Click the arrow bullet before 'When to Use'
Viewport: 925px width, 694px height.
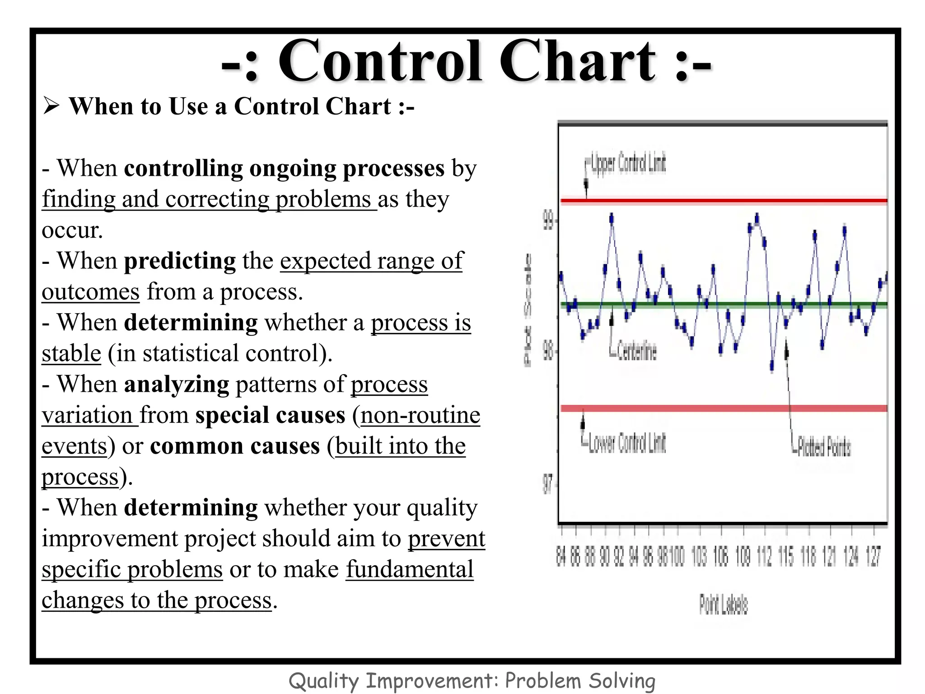coord(51,107)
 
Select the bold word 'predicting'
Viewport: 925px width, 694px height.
coord(179,261)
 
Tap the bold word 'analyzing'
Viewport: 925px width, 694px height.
coord(176,385)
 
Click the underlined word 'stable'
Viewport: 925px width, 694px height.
coord(71,354)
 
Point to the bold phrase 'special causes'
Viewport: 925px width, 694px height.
coord(270,415)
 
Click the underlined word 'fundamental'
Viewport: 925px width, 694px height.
coord(409,569)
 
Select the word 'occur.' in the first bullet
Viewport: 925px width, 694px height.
coord(72,230)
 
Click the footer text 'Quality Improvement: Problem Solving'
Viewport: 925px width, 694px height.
coord(472,680)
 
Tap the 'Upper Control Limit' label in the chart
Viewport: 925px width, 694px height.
coord(628,164)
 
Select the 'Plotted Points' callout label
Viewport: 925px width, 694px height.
coord(824,447)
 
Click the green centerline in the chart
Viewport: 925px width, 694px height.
coord(723,305)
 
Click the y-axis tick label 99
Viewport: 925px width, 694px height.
coord(547,221)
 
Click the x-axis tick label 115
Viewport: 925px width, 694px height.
coord(786,556)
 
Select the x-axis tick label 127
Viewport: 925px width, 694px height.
coord(873,556)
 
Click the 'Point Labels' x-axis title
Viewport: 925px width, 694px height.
coord(723,605)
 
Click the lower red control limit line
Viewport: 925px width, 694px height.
coord(723,408)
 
